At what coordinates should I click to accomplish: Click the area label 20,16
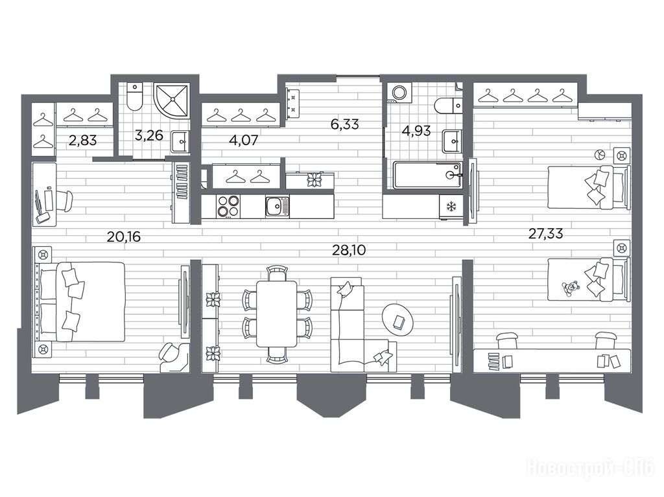(124, 237)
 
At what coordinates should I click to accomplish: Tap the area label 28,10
(349, 250)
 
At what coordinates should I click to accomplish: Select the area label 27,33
(546, 233)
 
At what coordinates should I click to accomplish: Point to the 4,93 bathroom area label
(416, 131)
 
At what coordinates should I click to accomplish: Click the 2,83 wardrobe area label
(82, 140)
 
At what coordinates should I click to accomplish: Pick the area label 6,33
(345, 124)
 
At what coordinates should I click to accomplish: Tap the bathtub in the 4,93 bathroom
(427, 175)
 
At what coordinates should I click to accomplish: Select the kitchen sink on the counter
(278, 207)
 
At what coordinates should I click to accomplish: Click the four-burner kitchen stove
(228, 207)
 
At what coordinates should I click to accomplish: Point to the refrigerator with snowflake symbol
(451, 207)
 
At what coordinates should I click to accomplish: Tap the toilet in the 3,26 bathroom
(135, 97)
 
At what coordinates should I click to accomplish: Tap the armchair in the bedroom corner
(174, 357)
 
